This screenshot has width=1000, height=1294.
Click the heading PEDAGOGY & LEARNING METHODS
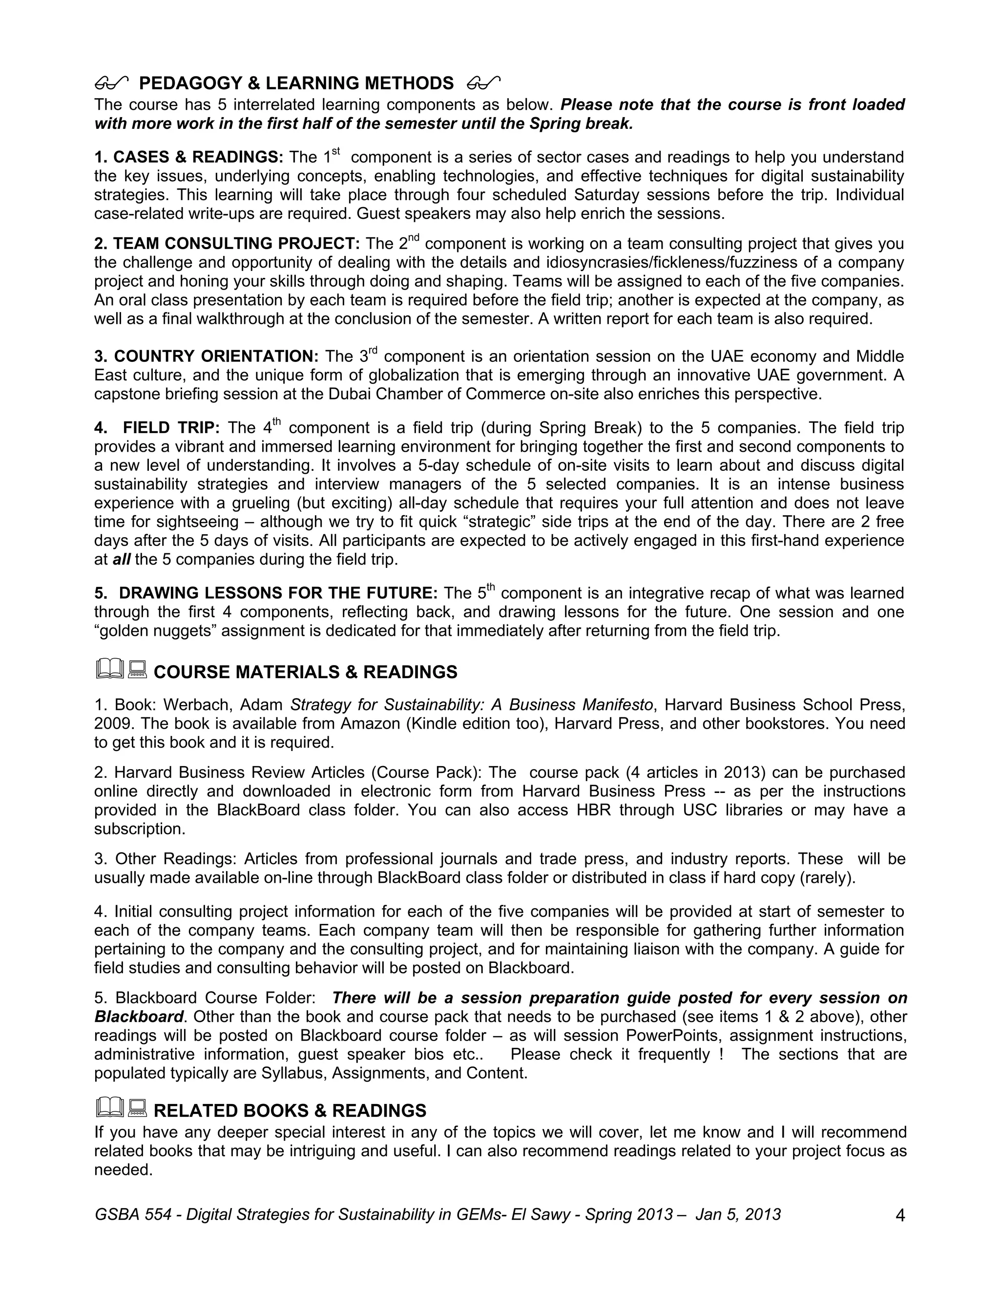tap(296, 83)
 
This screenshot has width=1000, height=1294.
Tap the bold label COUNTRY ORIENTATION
tap(216, 356)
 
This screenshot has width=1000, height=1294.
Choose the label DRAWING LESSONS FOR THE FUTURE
tap(278, 593)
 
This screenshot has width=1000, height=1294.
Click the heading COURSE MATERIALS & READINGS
tap(305, 672)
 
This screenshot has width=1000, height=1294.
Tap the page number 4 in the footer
tap(900, 1216)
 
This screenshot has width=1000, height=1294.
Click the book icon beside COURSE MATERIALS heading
tap(109, 669)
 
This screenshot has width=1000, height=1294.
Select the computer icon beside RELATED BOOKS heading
tap(137, 1108)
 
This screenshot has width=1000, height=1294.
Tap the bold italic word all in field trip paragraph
tap(122, 559)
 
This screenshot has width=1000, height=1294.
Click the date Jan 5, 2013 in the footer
tap(738, 1214)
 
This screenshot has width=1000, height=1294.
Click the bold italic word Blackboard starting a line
tap(139, 1017)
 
